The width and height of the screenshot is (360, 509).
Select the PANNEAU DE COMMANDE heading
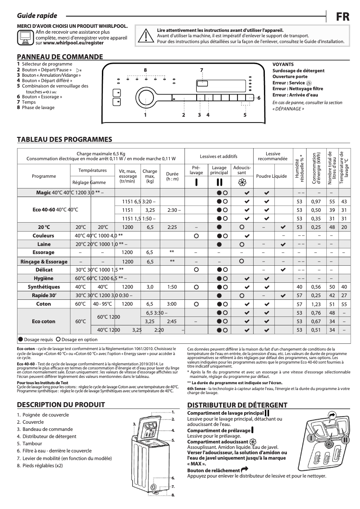[x=60, y=57]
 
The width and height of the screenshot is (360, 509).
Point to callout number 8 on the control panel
[x=145, y=70]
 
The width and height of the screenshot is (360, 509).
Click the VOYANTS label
[x=283, y=65]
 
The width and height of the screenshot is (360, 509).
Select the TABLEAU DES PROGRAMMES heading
[x=64, y=140]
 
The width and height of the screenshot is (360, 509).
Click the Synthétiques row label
[x=44, y=286]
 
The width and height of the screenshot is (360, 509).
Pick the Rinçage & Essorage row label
[x=44, y=261]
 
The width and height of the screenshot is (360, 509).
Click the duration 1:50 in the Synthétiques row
[x=172, y=286]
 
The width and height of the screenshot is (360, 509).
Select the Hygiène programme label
[x=44, y=278]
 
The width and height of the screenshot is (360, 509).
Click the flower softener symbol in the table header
[x=241, y=183]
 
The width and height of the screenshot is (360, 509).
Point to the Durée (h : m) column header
[x=172, y=176]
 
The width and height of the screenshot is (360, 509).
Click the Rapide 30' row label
[x=44, y=295]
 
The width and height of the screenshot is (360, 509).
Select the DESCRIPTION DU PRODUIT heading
[x=61, y=404]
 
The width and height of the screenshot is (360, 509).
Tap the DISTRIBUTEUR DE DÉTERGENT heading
[x=237, y=404]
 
